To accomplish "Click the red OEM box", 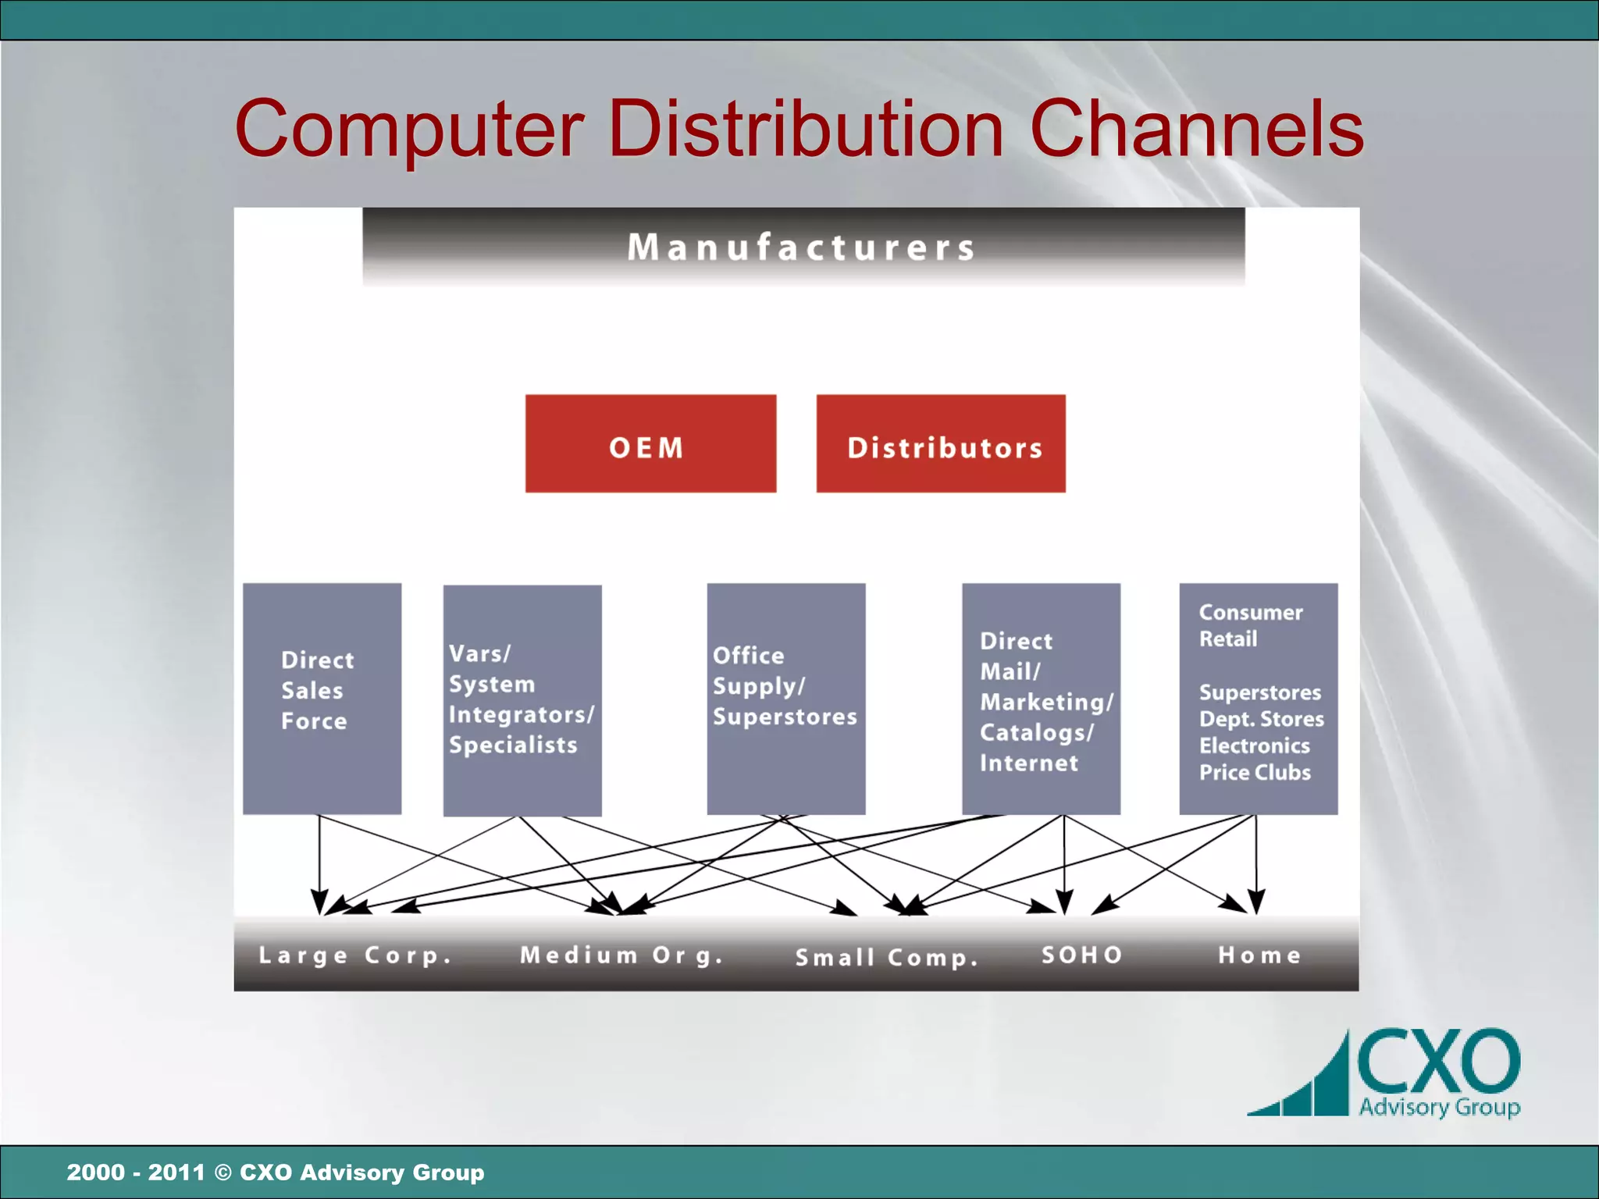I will tap(650, 443).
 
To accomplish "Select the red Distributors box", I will tap(941, 443).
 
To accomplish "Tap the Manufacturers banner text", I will tap(802, 247).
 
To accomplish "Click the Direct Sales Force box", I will tap(322, 698).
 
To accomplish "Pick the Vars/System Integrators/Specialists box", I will tap(522, 699).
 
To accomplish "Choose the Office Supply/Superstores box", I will tap(785, 698).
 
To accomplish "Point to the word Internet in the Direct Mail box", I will tap(1029, 763).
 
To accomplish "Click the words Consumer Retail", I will tap(1249, 625).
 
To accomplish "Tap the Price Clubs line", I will tap(1255, 772).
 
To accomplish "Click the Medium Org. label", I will tap(621, 955).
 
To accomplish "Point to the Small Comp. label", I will tap(886, 957).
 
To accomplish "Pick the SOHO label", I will tap(1082, 955).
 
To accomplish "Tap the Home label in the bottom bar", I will tap(1259, 955).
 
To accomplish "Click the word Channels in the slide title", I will tap(1196, 129).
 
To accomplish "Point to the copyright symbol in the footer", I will tap(223, 1172).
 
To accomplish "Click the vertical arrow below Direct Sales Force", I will tap(319, 863).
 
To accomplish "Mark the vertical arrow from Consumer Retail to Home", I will tap(1256, 863).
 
